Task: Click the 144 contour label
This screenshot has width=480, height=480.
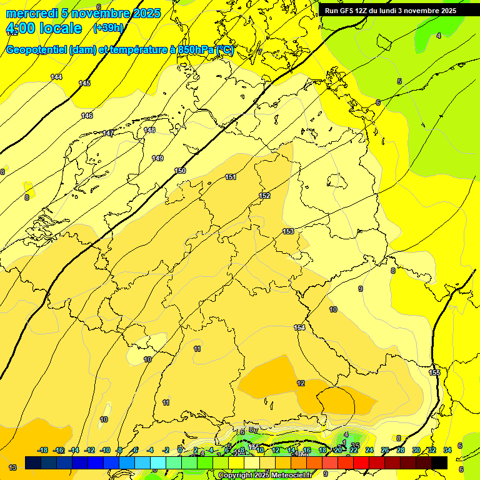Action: tap(56, 77)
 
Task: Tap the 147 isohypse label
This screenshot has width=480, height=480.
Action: tap(108, 133)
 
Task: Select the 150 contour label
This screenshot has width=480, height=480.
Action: tap(180, 171)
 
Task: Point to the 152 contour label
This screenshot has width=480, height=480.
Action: tap(264, 196)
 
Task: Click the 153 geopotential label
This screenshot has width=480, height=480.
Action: tap(288, 231)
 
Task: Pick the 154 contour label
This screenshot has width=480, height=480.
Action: tap(299, 327)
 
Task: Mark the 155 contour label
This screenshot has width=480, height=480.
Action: tap(434, 372)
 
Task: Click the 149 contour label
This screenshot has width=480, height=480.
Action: tap(157, 158)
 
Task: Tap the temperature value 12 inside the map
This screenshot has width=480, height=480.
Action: tap(301, 383)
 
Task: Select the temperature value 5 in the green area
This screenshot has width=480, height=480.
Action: tap(399, 81)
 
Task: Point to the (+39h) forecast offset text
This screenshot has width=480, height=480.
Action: tap(108, 28)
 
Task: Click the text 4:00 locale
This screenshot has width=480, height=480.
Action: tap(44, 28)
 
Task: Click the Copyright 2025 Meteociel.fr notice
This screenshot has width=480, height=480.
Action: tap(265, 476)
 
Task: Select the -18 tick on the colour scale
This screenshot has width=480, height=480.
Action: tap(43, 450)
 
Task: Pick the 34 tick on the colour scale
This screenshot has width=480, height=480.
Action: tap(447, 450)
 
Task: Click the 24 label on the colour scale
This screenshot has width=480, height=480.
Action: tap(369, 450)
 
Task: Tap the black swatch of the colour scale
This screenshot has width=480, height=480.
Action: tap(439, 462)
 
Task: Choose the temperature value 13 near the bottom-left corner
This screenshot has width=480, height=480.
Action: tap(12, 467)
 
